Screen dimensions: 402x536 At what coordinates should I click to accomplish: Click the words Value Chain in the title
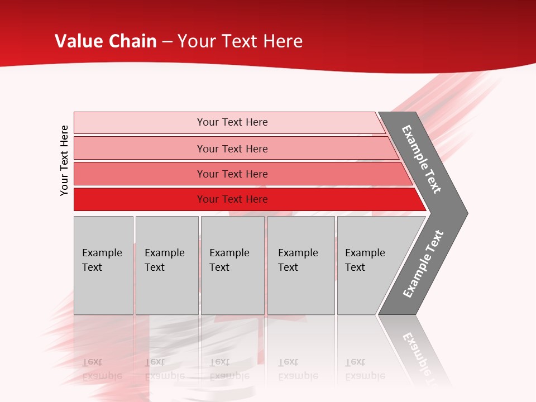(x=106, y=41)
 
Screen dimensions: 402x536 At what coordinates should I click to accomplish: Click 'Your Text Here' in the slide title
(x=240, y=41)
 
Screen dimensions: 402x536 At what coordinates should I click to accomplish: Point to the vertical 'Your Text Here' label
(x=64, y=160)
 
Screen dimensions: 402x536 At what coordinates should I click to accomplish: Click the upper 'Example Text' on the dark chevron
(x=422, y=159)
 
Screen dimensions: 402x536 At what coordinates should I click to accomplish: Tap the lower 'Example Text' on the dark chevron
(x=423, y=264)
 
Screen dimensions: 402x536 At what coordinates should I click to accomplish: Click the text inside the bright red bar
(x=232, y=199)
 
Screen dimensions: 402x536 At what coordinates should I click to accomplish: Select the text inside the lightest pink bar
(x=232, y=122)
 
